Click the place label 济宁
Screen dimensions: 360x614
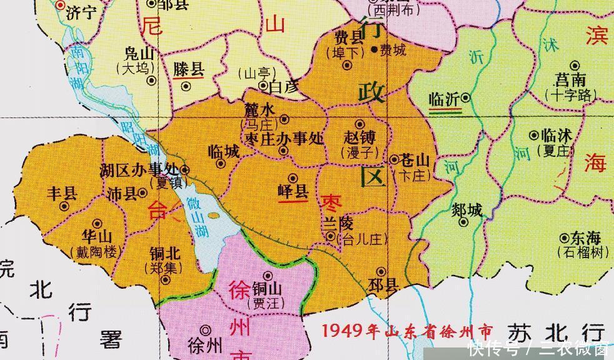(x=83, y=12)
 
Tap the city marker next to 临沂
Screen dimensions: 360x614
(x=466, y=98)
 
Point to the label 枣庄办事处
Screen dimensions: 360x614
(x=284, y=137)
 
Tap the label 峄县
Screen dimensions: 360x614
(x=293, y=192)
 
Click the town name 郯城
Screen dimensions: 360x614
(x=466, y=211)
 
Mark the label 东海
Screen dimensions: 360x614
(x=586, y=238)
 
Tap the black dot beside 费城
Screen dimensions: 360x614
(x=374, y=49)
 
